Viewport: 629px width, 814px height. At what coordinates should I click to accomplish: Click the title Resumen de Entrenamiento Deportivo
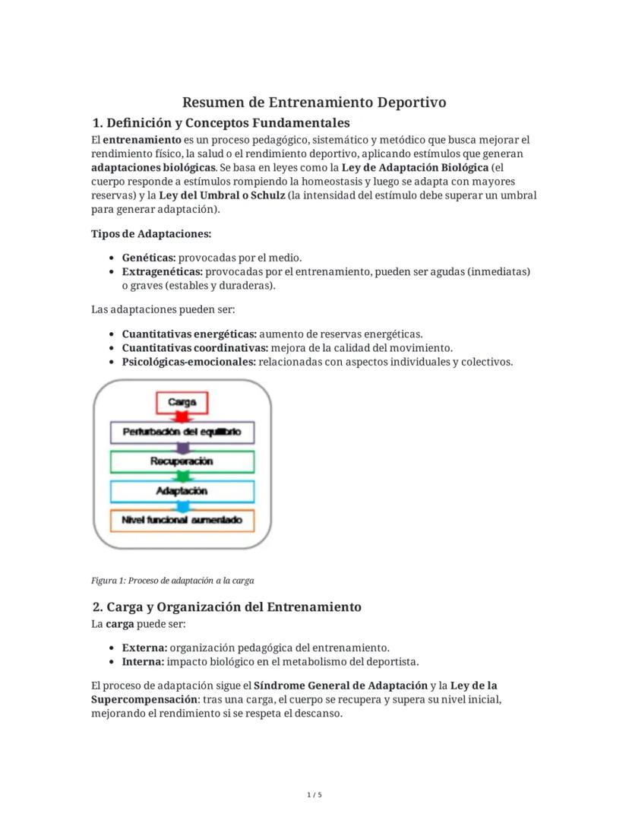point(314,102)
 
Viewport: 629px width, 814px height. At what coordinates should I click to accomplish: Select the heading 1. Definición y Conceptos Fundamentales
point(220,122)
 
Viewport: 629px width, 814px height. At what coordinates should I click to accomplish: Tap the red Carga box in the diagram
point(182,402)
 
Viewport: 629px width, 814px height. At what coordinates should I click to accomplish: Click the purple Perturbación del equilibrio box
point(182,432)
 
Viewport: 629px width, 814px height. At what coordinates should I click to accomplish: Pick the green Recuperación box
point(182,461)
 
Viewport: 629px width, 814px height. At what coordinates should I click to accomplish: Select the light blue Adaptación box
point(182,491)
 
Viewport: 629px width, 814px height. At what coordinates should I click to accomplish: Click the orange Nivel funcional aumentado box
point(182,521)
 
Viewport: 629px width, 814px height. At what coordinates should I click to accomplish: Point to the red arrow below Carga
point(182,417)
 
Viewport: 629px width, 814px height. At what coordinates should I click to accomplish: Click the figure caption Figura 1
point(172,581)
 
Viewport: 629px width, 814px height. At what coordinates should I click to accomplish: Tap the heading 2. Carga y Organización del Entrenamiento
point(226,607)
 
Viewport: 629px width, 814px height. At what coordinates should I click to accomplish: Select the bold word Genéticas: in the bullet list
point(149,258)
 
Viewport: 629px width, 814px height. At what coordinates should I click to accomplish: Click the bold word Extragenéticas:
point(162,271)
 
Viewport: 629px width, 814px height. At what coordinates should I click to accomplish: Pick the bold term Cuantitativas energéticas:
point(189,334)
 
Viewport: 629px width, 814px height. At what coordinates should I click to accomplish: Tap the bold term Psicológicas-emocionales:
point(189,362)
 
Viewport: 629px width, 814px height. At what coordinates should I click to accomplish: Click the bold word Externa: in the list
point(144,648)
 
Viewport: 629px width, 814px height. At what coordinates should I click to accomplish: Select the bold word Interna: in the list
point(144,661)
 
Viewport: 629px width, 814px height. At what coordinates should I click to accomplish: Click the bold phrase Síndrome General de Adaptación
point(340,685)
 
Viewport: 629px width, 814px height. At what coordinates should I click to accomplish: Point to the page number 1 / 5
point(314,795)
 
